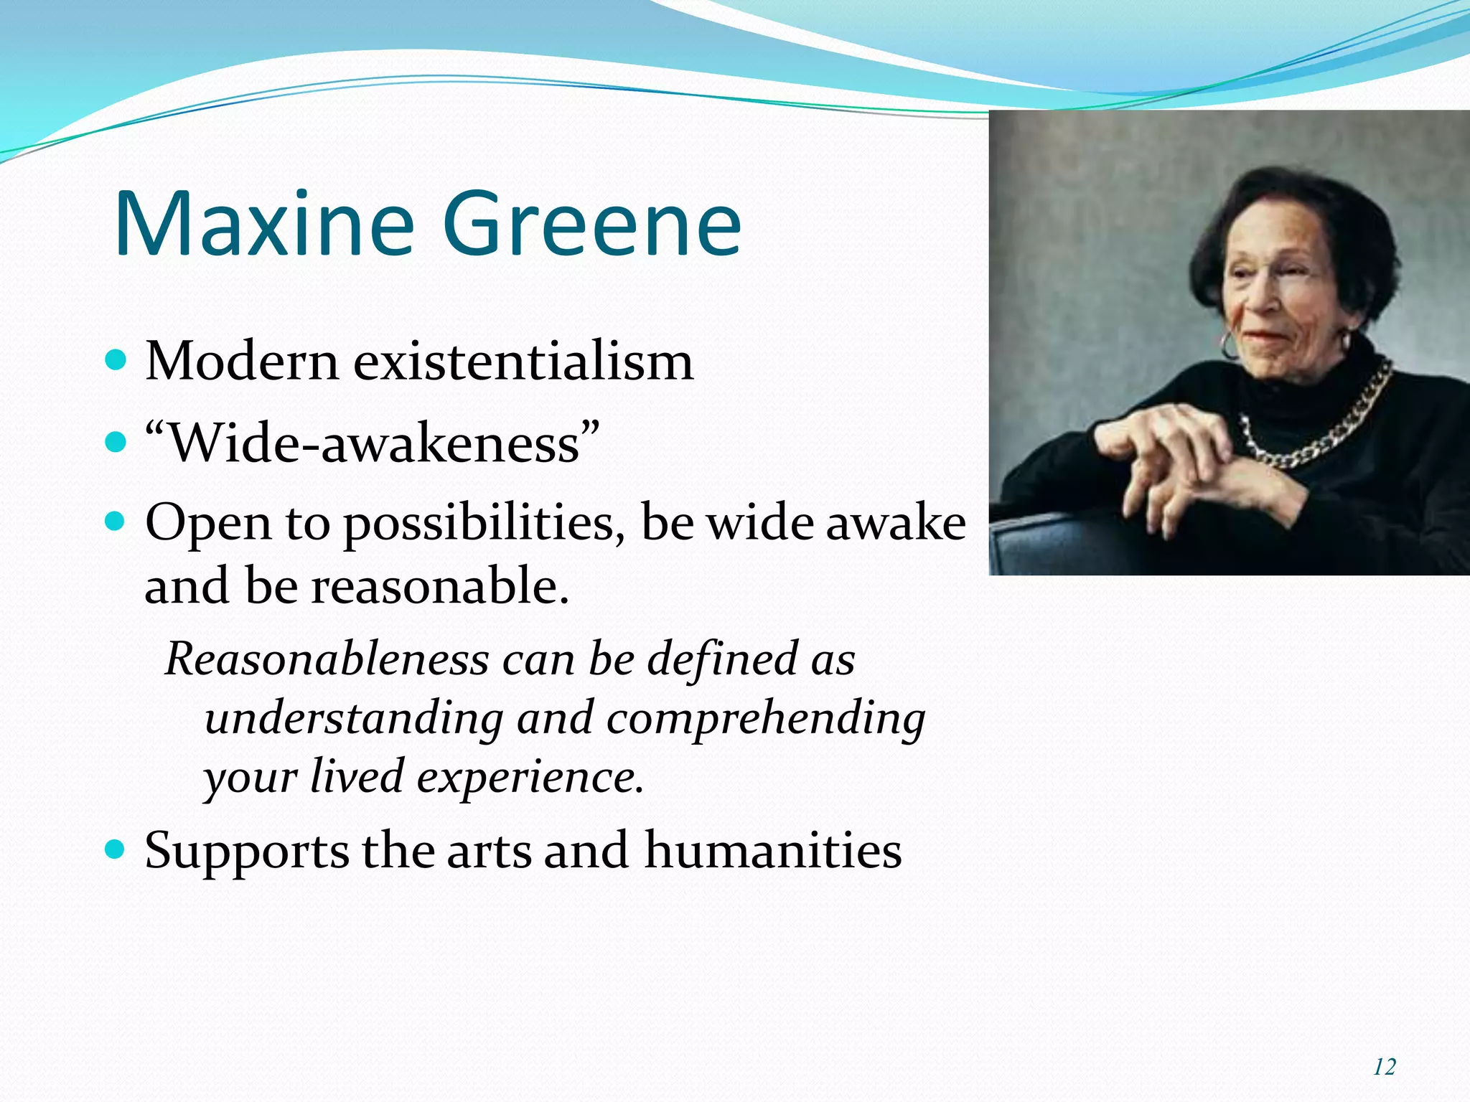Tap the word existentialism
[523, 361]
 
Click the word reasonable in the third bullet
[439, 585]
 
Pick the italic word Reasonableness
[327, 659]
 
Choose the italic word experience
[530, 777]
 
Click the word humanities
[773, 850]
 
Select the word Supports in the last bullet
[247, 852]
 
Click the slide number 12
[1384, 1067]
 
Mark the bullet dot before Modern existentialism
[115, 359]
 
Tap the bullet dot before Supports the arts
[115, 850]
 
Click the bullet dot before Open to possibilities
[115, 521]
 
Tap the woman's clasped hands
[1177, 459]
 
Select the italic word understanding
[354, 718]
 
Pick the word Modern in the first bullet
[241, 361]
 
